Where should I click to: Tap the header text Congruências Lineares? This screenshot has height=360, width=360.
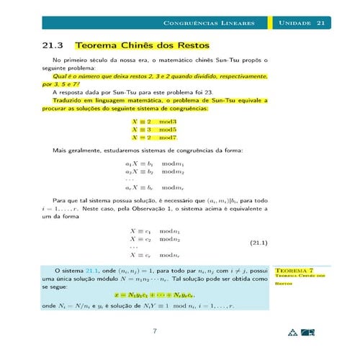click(210, 24)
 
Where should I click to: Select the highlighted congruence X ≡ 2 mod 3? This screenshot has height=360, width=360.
click(153, 121)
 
